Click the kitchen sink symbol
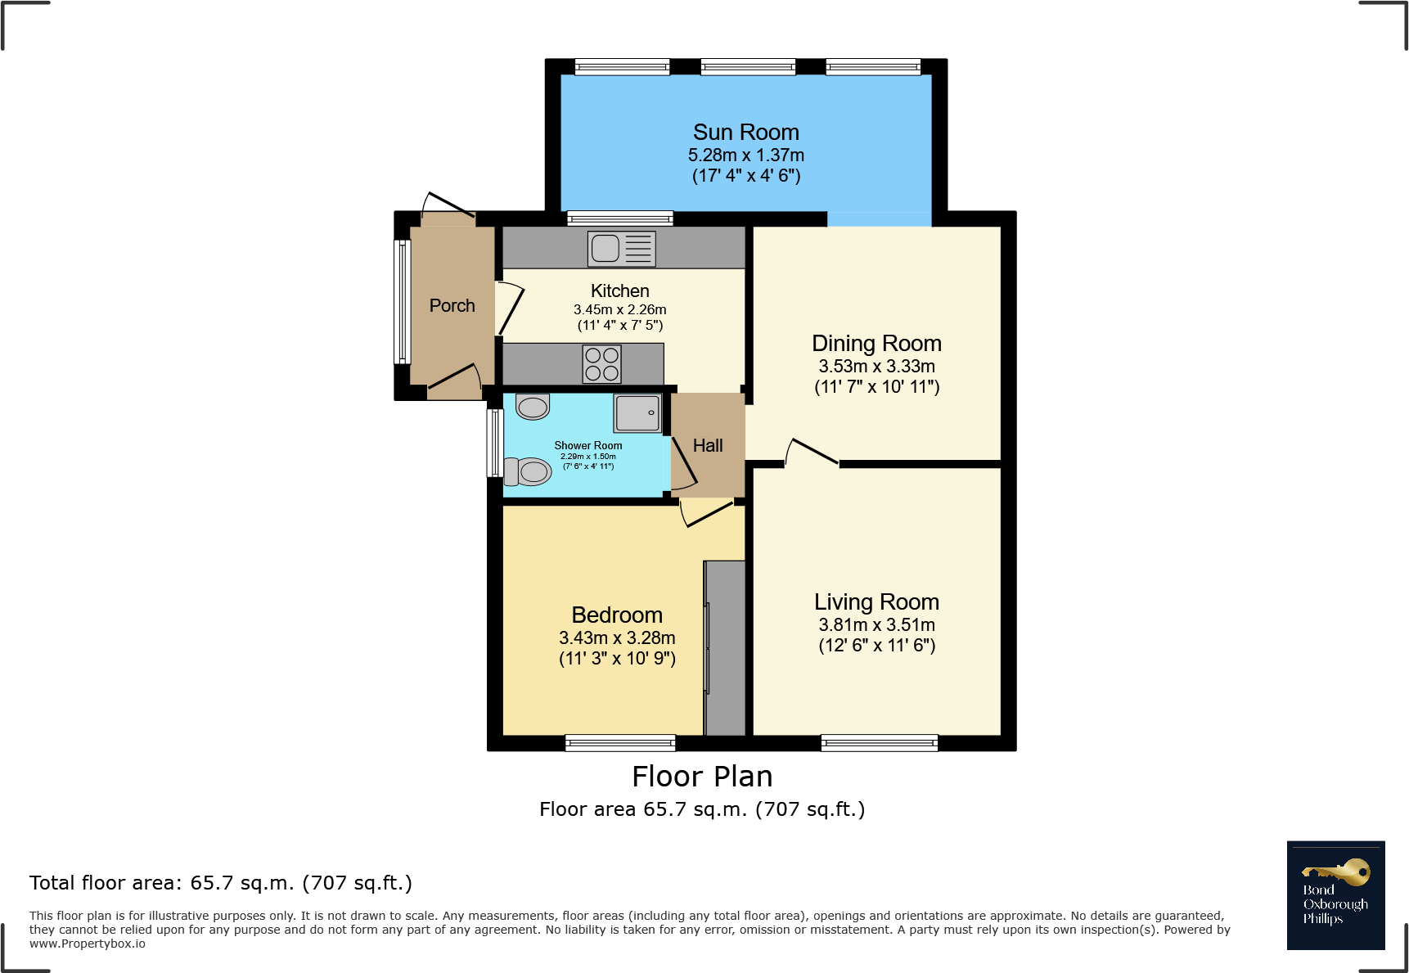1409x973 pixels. (x=621, y=249)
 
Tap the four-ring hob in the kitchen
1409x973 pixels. (x=601, y=364)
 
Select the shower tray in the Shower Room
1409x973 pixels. (x=637, y=412)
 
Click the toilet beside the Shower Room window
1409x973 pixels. (x=528, y=471)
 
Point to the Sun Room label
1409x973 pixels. (x=745, y=133)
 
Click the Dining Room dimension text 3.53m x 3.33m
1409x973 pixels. (x=876, y=367)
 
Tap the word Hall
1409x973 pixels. (x=708, y=446)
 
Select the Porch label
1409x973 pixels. (x=452, y=306)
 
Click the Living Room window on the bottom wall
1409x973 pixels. (x=880, y=743)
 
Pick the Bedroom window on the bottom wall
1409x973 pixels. (x=620, y=743)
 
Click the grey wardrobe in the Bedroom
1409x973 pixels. (x=725, y=647)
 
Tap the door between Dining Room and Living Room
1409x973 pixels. (x=812, y=453)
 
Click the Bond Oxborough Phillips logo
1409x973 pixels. (x=1335, y=895)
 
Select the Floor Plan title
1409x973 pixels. (x=702, y=777)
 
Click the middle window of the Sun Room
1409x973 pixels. (x=748, y=67)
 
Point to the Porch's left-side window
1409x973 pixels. (x=402, y=301)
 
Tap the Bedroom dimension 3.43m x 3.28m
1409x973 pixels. (x=617, y=638)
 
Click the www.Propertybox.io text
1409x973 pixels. (x=88, y=944)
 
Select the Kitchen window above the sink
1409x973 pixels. (x=620, y=218)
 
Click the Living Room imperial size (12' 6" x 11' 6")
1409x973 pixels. (x=876, y=646)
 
